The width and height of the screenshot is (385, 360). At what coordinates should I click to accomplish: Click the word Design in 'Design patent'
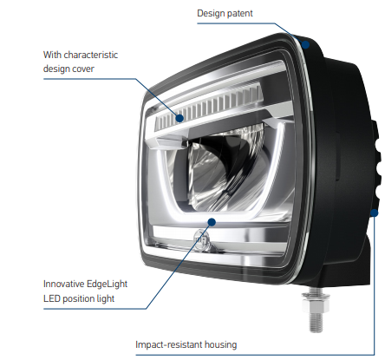point(211,14)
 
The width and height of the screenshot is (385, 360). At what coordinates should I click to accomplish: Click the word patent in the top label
point(239,14)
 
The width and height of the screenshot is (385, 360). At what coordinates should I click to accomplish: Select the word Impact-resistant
point(168,344)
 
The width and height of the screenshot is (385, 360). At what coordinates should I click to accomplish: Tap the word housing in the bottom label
point(220,345)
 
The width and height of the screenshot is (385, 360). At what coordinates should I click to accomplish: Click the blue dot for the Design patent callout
point(305,44)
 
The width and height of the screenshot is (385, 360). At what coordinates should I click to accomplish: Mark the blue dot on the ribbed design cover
point(179,118)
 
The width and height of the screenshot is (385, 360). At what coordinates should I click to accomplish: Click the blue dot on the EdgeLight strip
point(212,222)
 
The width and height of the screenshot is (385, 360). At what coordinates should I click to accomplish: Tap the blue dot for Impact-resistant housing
point(375,213)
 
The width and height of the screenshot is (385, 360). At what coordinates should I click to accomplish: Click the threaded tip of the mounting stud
point(316,323)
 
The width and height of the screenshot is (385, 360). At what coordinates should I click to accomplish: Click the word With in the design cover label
point(52,55)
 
